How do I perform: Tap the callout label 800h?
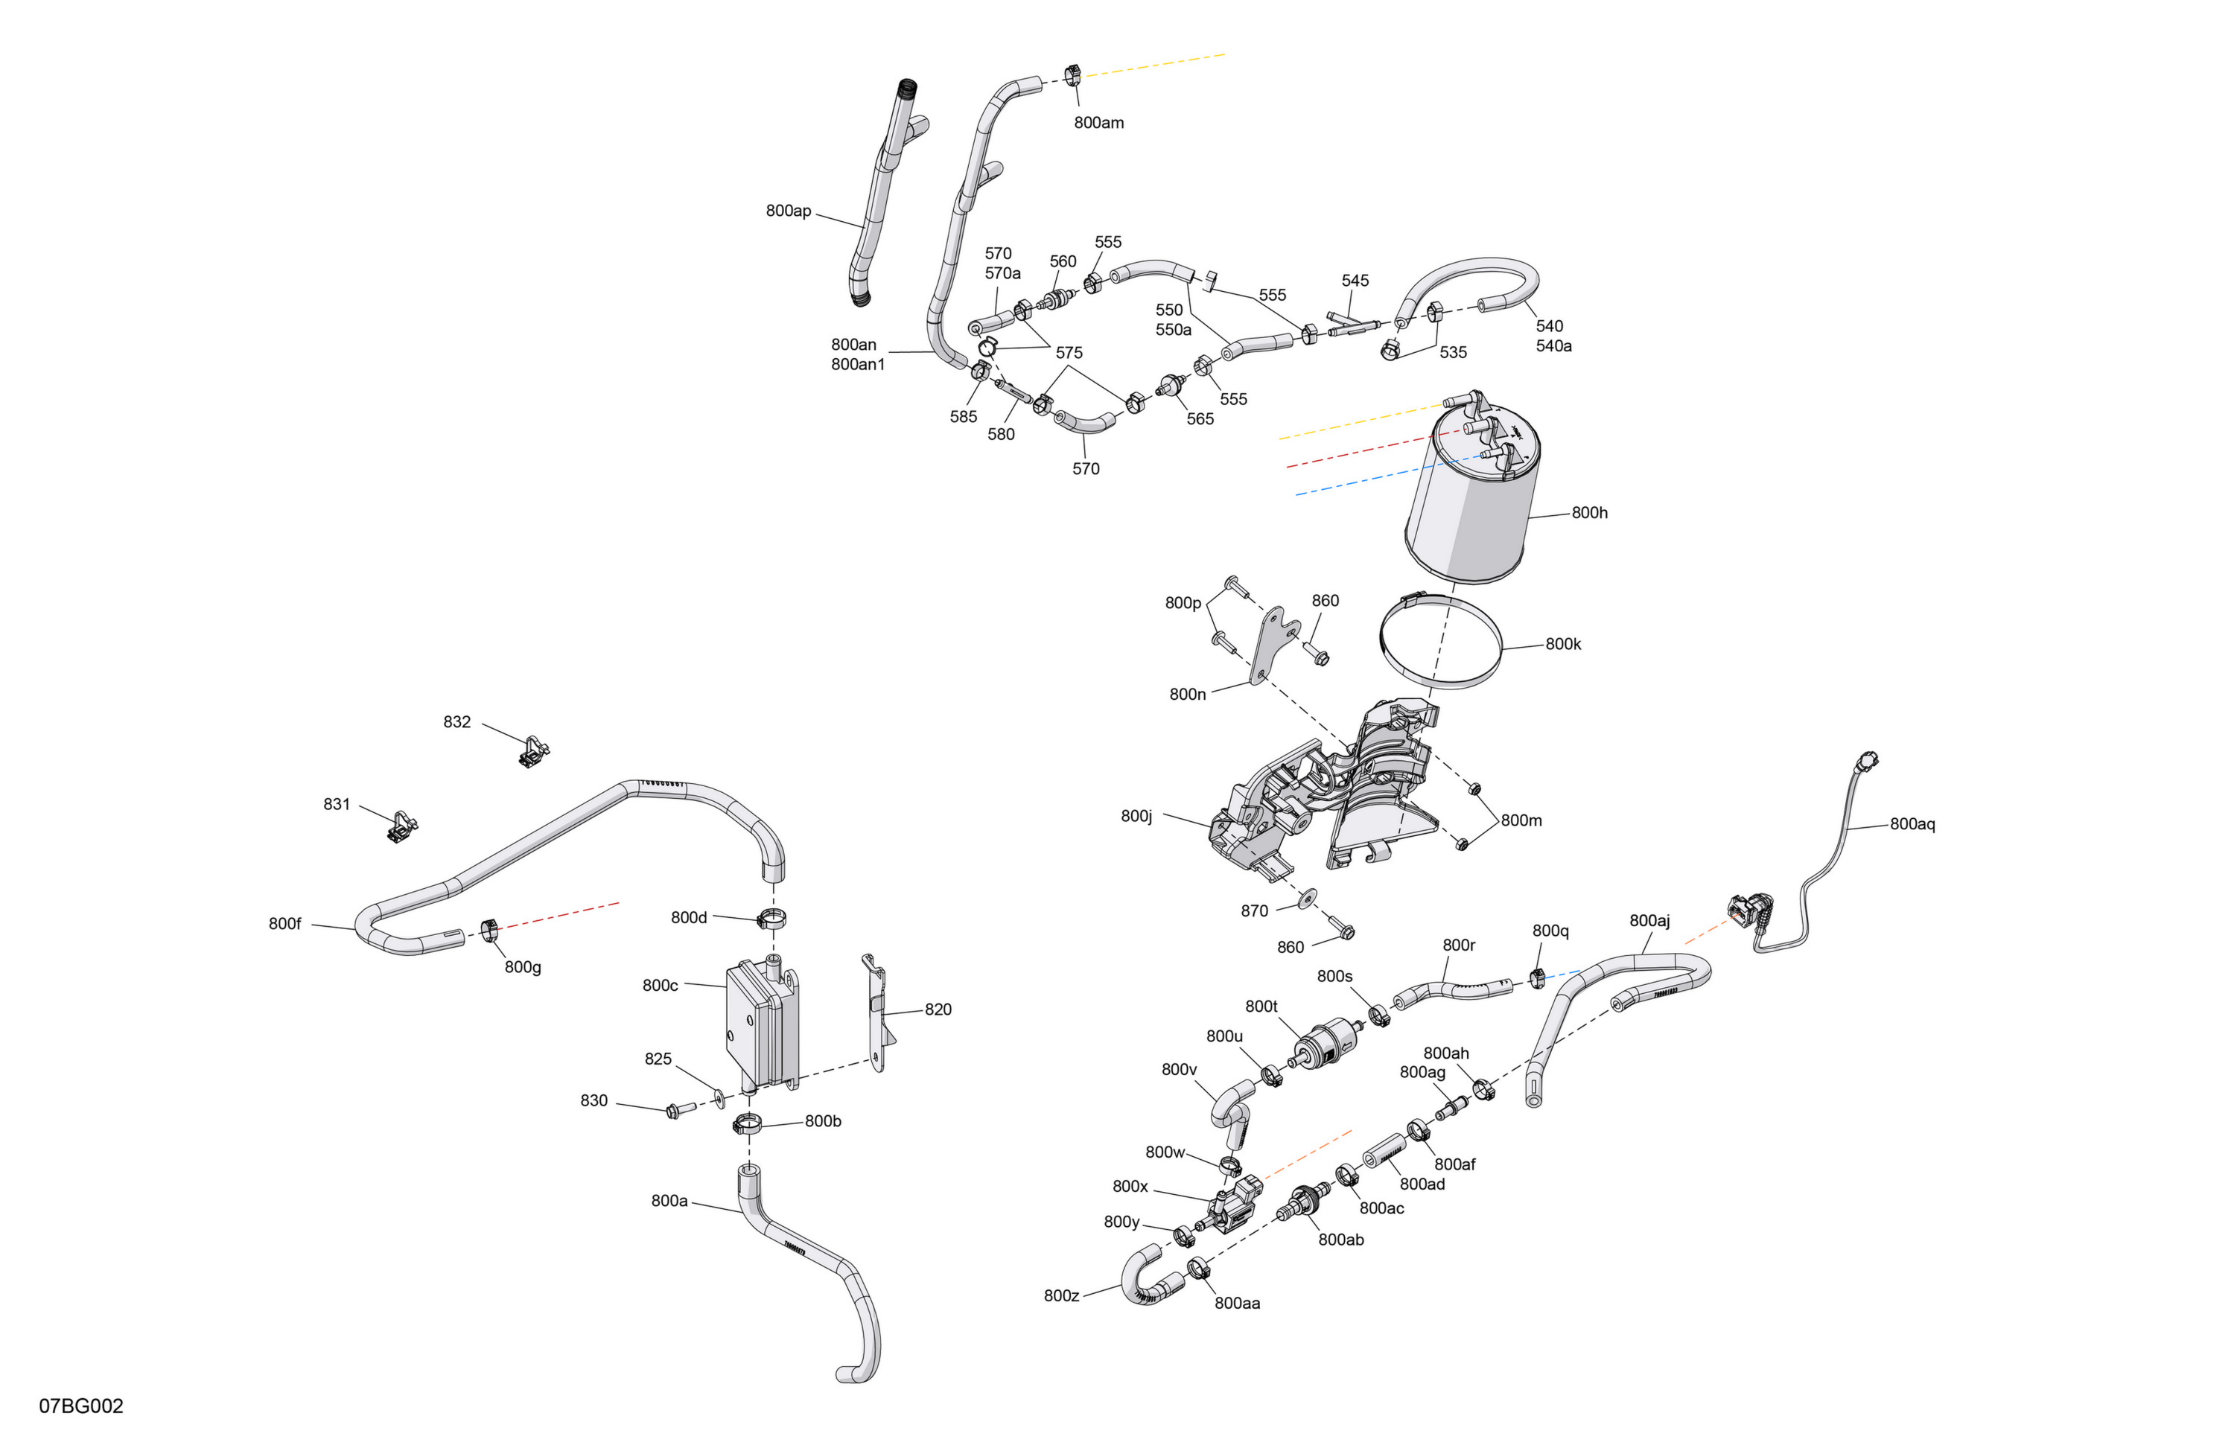tap(1589, 512)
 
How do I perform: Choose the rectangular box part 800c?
tap(763, 1025)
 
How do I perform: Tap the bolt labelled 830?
tap(678, 1110)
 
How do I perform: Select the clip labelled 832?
tap(533, 750)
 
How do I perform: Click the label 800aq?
tap(1912, 824)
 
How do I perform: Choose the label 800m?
tap(1521, 820)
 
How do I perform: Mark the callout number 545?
tap(1355, 281)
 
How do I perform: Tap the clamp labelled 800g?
tap(488, 931)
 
